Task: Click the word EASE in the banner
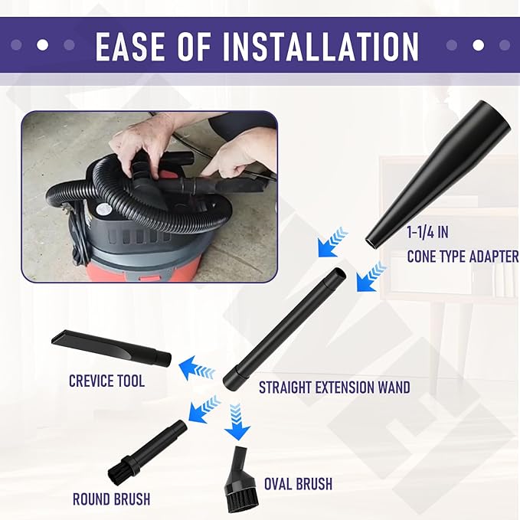click(x=131, y=46)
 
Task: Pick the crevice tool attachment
click(x=112, y=348)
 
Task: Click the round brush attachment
click(x=147, y=453)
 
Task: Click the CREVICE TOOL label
click(x=106, y=381)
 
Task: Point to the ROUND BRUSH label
click(x=112, y=499)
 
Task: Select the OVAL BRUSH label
click(x=298, y=484)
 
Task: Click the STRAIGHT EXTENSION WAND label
click(x=334, y=388)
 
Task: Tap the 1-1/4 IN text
click(x=427, y=232)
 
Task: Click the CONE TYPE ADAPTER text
click(x=463, y=257)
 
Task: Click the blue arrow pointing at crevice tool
click(x=197, y=369)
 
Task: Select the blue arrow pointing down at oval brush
click(x=237, y=421)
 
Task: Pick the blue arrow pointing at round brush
click(x=204, y=409)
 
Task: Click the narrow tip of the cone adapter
click(x=371, y=241)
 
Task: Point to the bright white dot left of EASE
click(x=42, y=44)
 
